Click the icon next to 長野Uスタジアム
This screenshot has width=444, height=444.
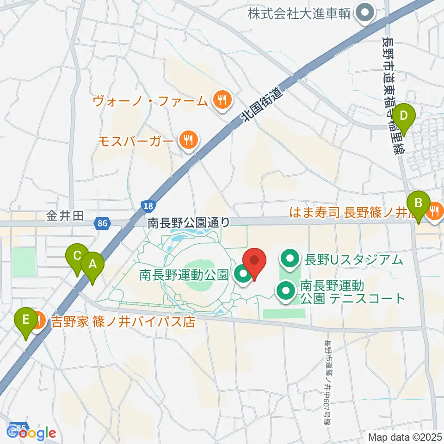[290, 259]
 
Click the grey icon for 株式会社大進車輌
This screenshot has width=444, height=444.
[365, 12]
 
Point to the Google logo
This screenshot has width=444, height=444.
[31, 433]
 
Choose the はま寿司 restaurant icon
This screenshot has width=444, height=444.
[434, 212]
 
